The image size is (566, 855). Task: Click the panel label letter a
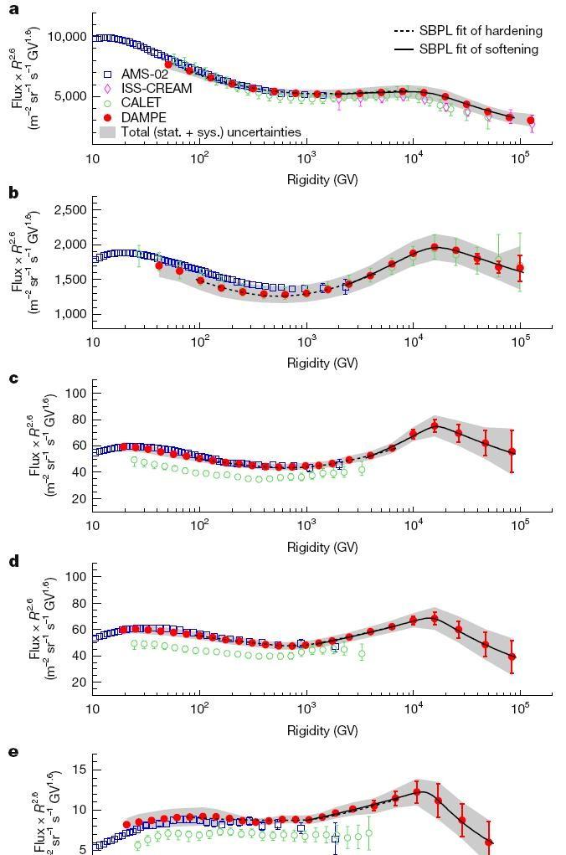[x=15, y=9]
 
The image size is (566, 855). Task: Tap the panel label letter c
[x=14, y=378]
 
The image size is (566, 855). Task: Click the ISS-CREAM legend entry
[x=147, y=88]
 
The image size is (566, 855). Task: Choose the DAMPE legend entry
[x=136, y=117]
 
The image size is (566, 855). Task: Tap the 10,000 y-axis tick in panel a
[x=67, y=37]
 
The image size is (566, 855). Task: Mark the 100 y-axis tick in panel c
[x=77, y=393]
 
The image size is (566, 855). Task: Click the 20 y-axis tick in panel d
[x=80, y=682]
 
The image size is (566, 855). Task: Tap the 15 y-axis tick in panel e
[x=80, y=770]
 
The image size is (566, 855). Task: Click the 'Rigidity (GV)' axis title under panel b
[x=323, y=363]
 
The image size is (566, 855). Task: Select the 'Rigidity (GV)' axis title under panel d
[x=323, y=731]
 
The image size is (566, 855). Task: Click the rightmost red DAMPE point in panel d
[x=512, y=657]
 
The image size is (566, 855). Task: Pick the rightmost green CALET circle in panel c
[x=361, y=470]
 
